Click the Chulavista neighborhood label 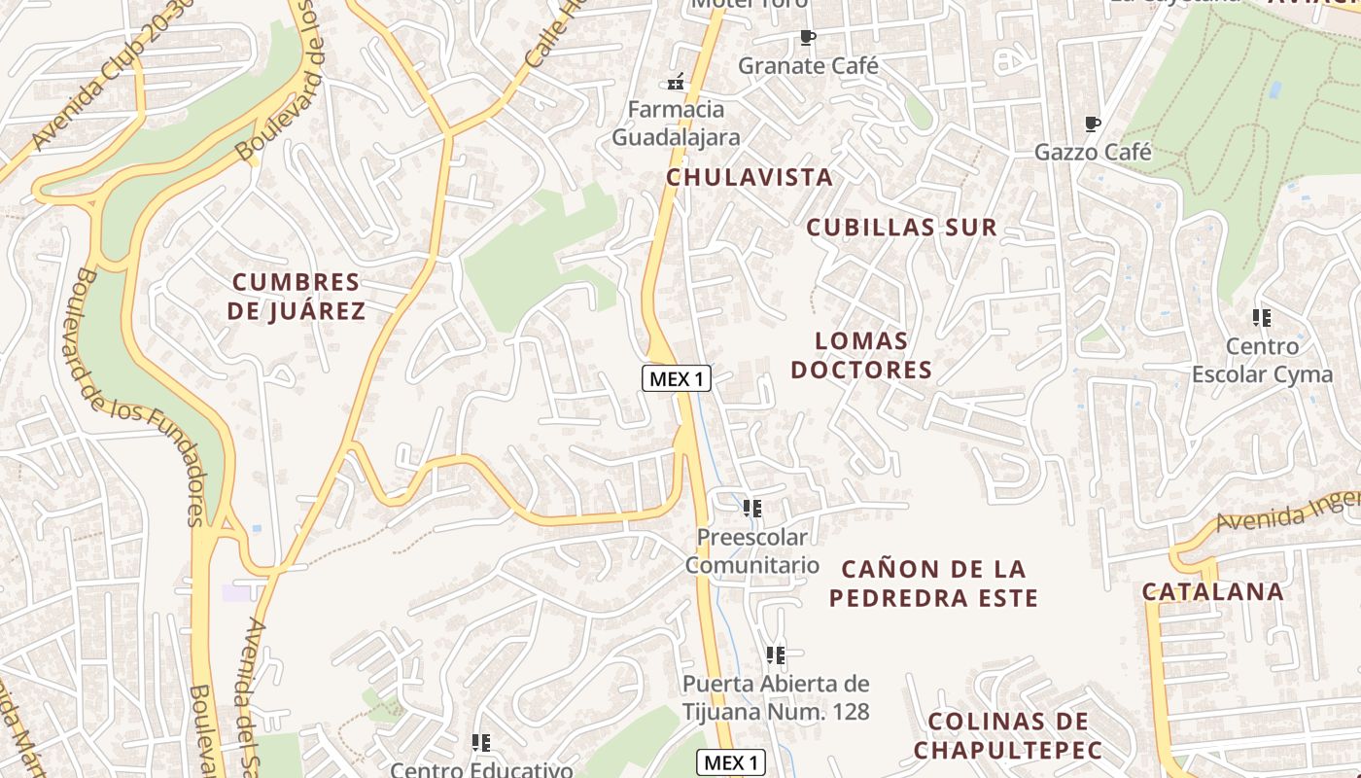tap(749, 177)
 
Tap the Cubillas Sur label tap(901, 228)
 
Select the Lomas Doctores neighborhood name tap(861, 355)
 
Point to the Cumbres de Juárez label tap(297, 297)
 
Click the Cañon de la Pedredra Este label tap(933, 583)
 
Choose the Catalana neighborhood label tap(1212, 591)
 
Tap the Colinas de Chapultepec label tap(1008, 735)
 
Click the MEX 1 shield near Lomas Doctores tap(677, 378)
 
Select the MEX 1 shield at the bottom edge tap(731, 762)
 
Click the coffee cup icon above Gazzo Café tap(1093, 124)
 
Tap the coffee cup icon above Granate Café tap(807, 38)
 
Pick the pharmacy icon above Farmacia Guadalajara tap(676, 82)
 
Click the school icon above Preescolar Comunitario tap(751, 508)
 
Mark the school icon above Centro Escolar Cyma tap(1262, 317)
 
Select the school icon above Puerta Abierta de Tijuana tap(775, 654)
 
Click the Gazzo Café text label tap(1093, 153)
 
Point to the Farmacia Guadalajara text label tap(676, 123)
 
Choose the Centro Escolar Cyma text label tap(1262, 360)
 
